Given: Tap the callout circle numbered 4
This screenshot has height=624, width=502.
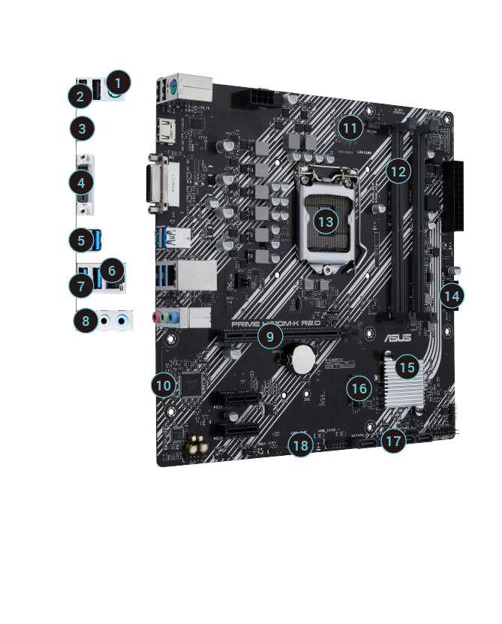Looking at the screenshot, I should click(82, 182).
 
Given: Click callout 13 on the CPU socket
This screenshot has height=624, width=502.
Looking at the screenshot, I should click(325, 222).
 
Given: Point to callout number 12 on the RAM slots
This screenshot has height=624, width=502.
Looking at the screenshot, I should click(398, 171).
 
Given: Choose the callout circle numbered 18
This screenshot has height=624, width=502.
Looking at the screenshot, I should click(301, 445).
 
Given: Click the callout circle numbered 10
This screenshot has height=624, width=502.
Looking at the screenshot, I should click(163, 385).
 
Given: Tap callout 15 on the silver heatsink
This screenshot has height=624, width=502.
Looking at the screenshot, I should click(407, 367).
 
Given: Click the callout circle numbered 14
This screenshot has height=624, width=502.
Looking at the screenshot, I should click(450, 296).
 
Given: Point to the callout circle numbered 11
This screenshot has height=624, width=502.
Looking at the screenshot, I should click(349, 128).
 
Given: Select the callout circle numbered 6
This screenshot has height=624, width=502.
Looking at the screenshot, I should click(113, 270).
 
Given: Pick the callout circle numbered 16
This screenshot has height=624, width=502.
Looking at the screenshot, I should click(360, 387).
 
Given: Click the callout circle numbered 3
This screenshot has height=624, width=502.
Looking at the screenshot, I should click(82, 128).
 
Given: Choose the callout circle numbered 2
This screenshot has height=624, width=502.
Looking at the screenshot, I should click(79, 95).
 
